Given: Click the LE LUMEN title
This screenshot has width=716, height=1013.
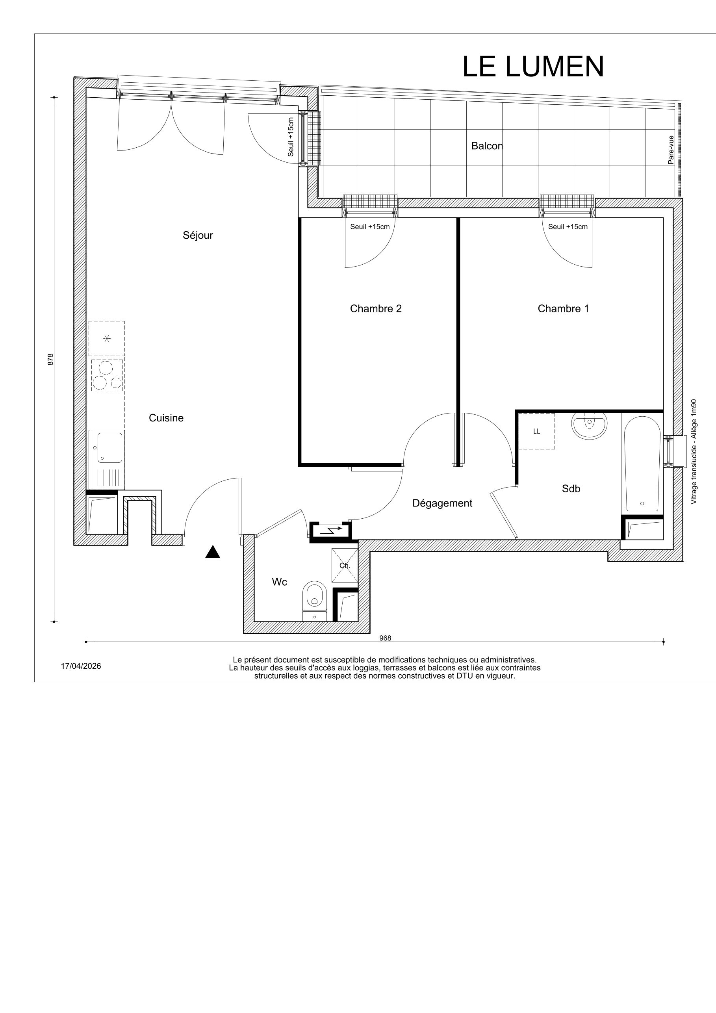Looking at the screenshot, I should [533, 67].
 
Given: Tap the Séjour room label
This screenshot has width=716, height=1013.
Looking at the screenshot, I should [198, 235].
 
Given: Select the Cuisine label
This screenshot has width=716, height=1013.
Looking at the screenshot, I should [166, 418].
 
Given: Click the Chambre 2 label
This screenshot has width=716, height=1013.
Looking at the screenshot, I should [376, 308].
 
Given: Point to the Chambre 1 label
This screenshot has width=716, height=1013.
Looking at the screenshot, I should [563, 308].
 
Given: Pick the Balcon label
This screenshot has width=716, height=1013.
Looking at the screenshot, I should [487, 146].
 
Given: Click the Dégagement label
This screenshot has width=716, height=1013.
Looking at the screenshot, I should [442, 503].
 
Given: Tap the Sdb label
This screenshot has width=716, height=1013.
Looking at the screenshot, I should [571, 488].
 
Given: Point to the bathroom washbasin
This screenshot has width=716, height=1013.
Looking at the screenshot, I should [590, 425].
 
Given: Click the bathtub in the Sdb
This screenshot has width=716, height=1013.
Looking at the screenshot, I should [642, 463].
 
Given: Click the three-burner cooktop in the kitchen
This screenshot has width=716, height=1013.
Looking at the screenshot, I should [107, 375].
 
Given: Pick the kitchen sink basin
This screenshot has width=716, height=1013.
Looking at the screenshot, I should [110, 447].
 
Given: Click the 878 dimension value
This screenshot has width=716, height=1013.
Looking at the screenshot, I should [50, 359].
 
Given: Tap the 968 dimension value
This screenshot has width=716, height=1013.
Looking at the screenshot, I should [385, 638].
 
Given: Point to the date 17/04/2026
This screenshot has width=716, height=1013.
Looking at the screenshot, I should [81, 666].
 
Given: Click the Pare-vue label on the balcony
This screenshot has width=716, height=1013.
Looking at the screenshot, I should [671, 150].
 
